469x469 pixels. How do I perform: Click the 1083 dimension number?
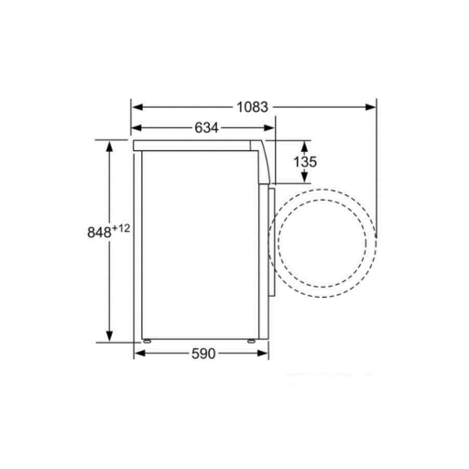[x=252, y=107]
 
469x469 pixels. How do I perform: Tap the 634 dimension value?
[x=207, y=127]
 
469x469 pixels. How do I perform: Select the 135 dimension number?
[x=305, y=161]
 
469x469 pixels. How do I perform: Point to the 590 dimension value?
[x=203, y=354]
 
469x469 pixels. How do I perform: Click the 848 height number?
[x=99, y=232]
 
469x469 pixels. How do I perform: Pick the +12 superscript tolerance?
[x=121, y=228]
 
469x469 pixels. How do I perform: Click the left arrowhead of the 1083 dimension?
[x=138, y=107]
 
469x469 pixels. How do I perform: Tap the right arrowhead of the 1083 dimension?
[x=370, y=107]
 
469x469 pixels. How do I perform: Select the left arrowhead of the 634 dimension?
[x=136, y=128]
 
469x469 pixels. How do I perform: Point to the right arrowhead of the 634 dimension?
[x=268, y=128]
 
